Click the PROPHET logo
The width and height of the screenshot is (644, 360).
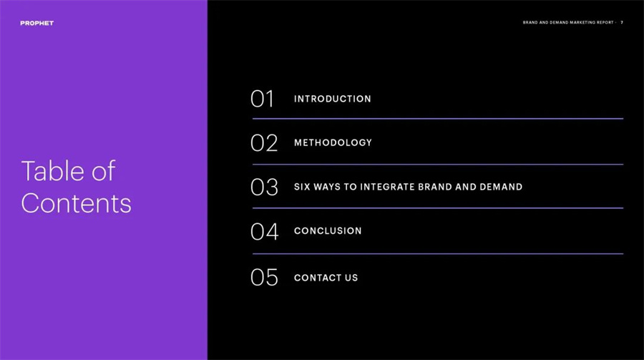point(37,23)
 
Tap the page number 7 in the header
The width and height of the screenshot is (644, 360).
point(622,23)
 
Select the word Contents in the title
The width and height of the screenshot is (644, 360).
point(76,203)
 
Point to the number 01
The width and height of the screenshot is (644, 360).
point(262,99)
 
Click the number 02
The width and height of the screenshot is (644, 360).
point(264,143)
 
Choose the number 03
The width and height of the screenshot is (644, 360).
point(264,187)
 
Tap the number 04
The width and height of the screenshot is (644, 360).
point(265,231)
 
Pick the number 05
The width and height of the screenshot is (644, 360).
point(264,278)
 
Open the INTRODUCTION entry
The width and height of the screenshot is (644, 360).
point(332,99)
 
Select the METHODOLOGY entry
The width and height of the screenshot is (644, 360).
point(333,142)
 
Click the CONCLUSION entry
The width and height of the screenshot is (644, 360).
point(328,231)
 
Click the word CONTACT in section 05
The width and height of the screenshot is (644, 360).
point(318,278)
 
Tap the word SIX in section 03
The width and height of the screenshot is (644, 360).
point(302,187)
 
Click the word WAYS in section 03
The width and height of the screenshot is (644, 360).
point(327,187)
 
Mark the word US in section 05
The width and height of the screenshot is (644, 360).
point(351,278)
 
